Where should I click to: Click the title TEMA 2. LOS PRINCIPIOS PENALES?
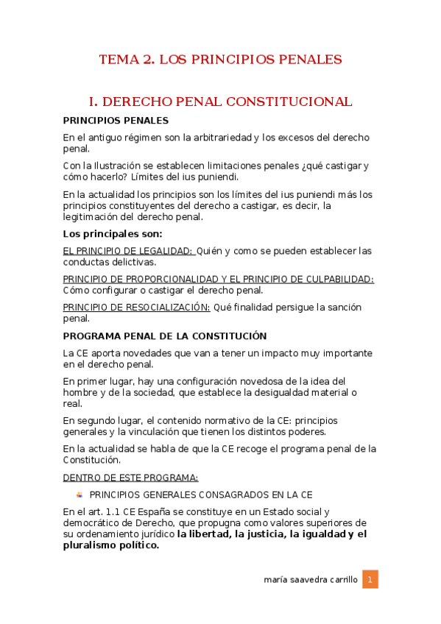point(220,59)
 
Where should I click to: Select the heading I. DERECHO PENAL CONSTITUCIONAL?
point(220,102)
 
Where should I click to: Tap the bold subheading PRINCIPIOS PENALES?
point(116,121)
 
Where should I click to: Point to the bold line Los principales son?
point(107,235)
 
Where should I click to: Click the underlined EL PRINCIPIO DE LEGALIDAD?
point(127,251)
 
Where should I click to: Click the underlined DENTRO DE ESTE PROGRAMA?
point(130,477)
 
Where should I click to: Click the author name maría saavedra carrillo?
point(310,580)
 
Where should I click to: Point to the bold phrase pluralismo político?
point(111,545)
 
